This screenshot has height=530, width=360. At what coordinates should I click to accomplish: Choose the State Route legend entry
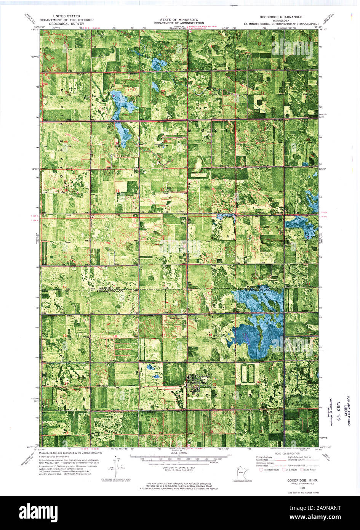pos(310,470)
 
